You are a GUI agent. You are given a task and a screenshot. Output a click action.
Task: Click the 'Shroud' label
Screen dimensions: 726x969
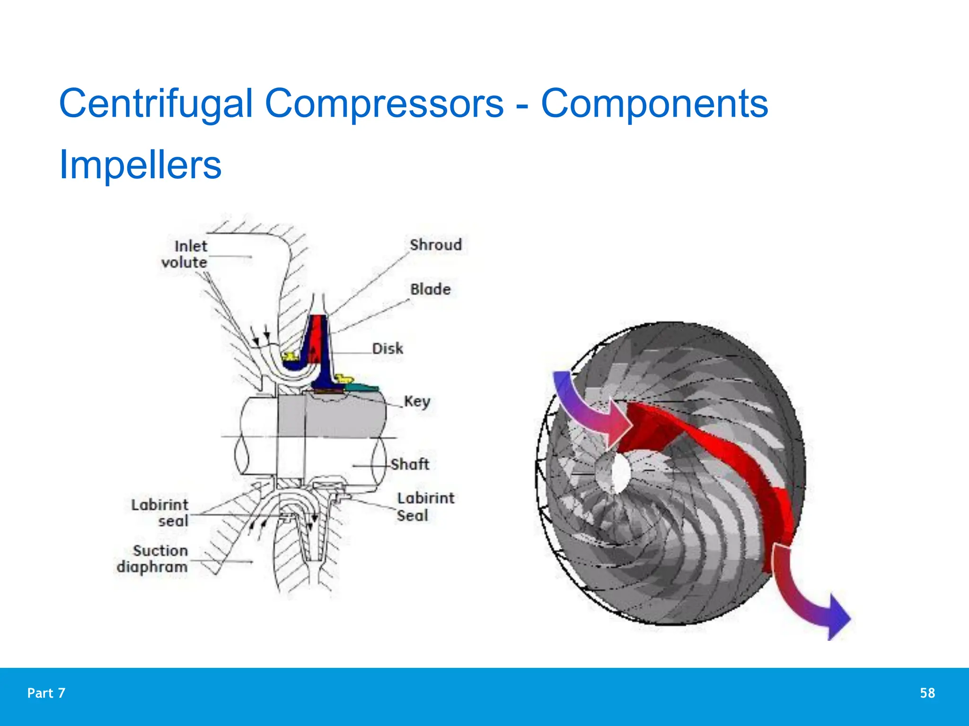click(435, 245)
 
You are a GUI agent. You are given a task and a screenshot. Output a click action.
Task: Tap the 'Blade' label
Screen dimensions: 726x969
click(430, 289)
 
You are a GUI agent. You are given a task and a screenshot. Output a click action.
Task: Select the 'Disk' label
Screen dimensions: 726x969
click(388, 349)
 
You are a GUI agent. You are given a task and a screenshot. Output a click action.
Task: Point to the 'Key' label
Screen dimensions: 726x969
click(417, 401)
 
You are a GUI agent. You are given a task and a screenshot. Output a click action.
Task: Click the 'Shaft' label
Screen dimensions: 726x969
click(410, 464)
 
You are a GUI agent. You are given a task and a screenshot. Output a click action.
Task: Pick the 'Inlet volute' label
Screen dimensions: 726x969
click(185, 254)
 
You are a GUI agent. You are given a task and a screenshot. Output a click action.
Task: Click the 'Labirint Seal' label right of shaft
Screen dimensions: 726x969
click(424, 507)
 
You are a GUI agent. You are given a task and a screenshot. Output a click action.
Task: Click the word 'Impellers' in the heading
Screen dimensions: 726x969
click(140, 165)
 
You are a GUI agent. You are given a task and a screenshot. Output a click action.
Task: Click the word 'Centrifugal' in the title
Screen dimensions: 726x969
click(156, 104)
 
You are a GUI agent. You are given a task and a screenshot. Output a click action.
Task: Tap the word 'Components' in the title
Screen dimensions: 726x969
click(654, 104)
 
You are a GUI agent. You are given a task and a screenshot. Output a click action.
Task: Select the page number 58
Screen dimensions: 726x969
click(927, 693)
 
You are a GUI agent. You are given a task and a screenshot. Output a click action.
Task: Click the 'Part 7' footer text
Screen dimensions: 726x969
click(46, 693)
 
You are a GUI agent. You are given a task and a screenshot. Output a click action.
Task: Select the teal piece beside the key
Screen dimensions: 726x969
click(362, 388)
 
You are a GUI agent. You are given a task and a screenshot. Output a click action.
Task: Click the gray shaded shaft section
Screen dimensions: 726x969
click(331, 416)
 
